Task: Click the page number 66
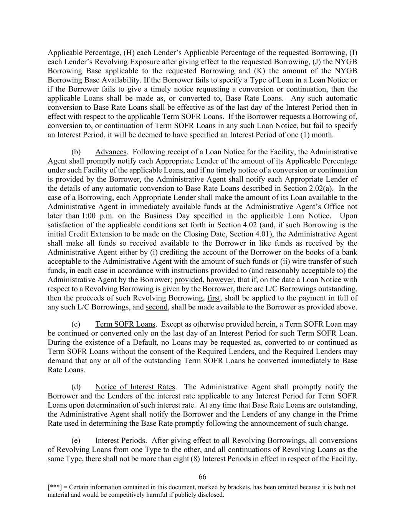click(x=202, y=477)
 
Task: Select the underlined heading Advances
click(x=111, y=152)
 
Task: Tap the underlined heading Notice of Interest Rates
click(x=135, y=387)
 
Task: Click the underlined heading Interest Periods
click(x=120, y=440)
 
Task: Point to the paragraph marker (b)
click(x=76, y=152)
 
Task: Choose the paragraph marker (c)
click(x=76, y=324)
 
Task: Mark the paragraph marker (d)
click(x=76, y=387)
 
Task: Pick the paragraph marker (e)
click(x=76, y=440)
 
